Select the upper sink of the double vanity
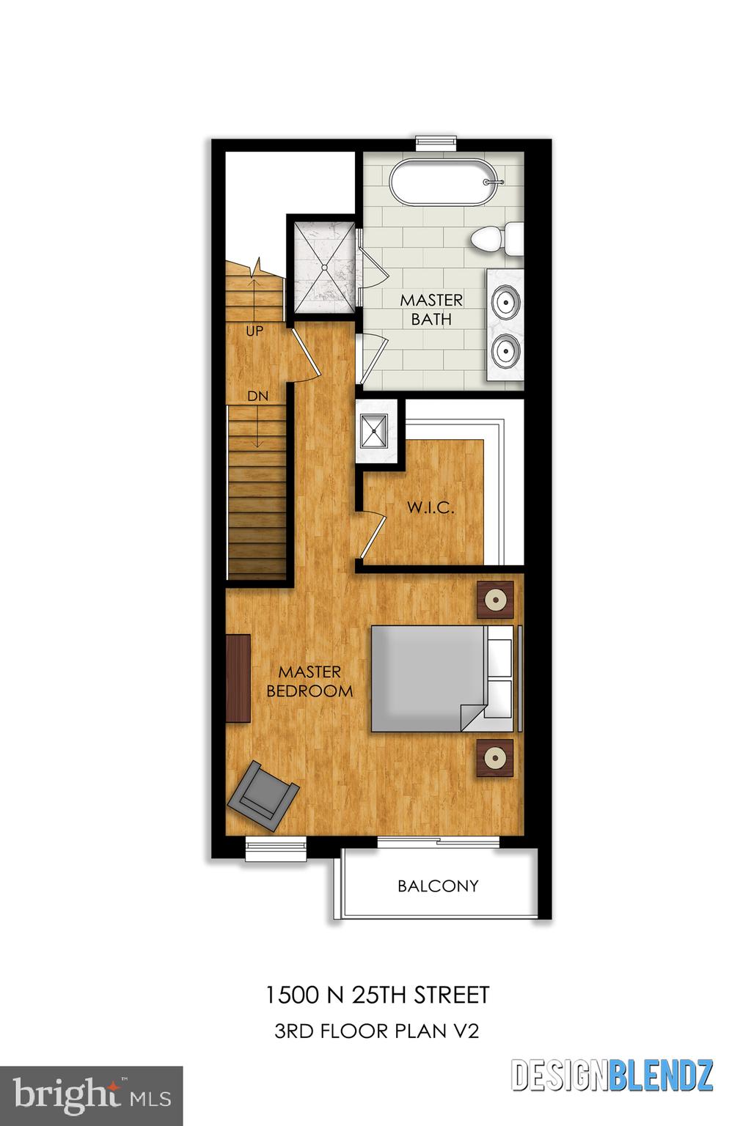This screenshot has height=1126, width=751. click(x=506, y=300)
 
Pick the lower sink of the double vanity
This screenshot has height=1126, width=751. click(x=506, y=348)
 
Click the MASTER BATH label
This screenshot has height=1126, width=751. click(x=431, y=309)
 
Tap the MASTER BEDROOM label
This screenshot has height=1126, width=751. click(x=309, y=681)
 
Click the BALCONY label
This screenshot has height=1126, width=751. click(x=438, y=886)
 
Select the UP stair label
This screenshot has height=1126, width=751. click(x=254, y=331)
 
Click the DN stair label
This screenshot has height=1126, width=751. click(x=257, y=396)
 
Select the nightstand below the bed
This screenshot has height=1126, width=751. click(x=496, y=757)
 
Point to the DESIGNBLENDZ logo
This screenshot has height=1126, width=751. click(x=612, y=1075)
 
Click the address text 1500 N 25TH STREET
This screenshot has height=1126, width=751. click(x=376, y=995)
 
